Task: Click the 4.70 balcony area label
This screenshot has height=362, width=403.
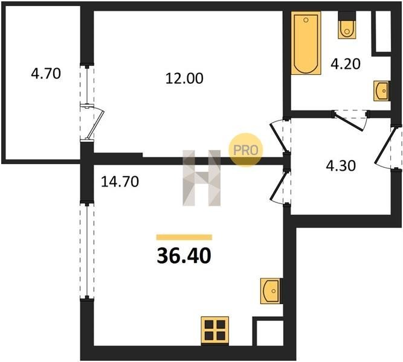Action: [x=46, y=74]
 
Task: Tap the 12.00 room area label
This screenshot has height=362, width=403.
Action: [x=184, y=78]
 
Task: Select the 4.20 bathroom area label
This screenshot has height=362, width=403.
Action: [x=346, y=64]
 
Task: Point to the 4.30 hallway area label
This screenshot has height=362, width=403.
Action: [x=341, y=165]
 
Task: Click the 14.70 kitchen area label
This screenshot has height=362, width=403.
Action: [x=120, y=182]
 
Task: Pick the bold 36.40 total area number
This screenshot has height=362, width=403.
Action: [x=184, y=256]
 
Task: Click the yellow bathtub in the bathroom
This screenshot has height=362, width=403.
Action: [x=306, y=43]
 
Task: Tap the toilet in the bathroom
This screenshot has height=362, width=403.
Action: [x=347, y=25]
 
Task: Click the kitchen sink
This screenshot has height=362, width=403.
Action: [x=271, y=291]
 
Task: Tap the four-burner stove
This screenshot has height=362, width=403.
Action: [x=215, y=331]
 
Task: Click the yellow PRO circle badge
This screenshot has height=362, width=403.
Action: [x=246, y=150]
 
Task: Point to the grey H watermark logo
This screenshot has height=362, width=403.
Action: [x=202, y=178]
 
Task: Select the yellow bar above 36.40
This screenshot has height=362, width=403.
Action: [x=184, y=237]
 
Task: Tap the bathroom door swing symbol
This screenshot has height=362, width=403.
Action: [x=350, y=120]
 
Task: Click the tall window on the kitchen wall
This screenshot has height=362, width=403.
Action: [x=87, y=250]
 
